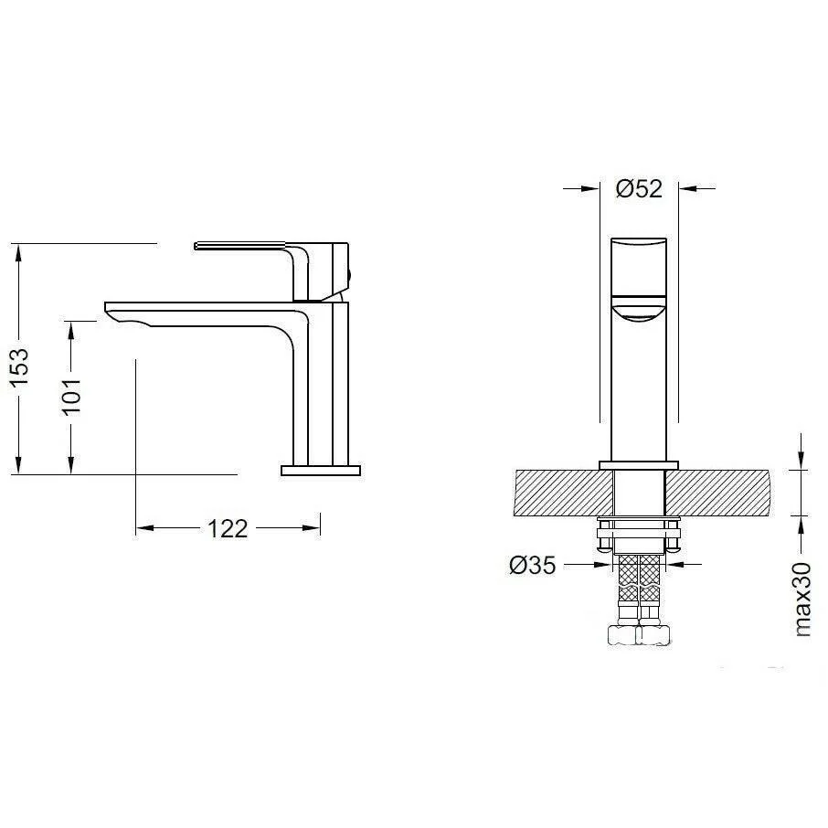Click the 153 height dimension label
pyautogui.click(x=20, y=367)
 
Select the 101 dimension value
pyautogui.click(x=72, y=397)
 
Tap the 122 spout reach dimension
pyautogui.click(x=228, y=528)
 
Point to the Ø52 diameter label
pyautogui.click(x=639, y=188)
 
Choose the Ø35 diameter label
pyautogui.click(x=533, y=566)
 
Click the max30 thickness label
pyautogui.click(x=801, y=600)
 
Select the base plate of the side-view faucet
pyautogui.click(x=321, y=471)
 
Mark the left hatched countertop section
pyautogui.click(x=563, y=493)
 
